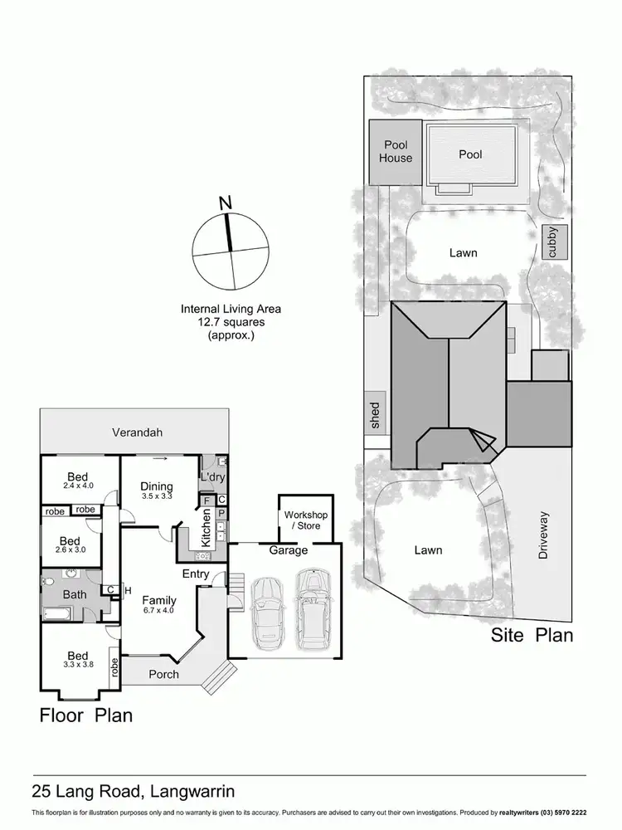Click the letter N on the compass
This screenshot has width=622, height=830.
click(x=223, y=202)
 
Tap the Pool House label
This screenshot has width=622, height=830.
click(x=396, y=152)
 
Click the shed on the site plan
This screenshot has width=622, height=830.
click(x=376, y=413)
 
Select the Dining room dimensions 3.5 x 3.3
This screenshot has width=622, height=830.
click(x=156, y=496)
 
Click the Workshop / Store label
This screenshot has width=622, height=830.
click(x=306, y=520)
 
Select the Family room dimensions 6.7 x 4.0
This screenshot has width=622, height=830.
click(x=158, y=610)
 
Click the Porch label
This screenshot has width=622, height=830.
click(x=163, y=674)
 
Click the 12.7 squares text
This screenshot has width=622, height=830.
click(x=231, y=323)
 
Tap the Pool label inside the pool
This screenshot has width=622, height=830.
click(x=470, y=154)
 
